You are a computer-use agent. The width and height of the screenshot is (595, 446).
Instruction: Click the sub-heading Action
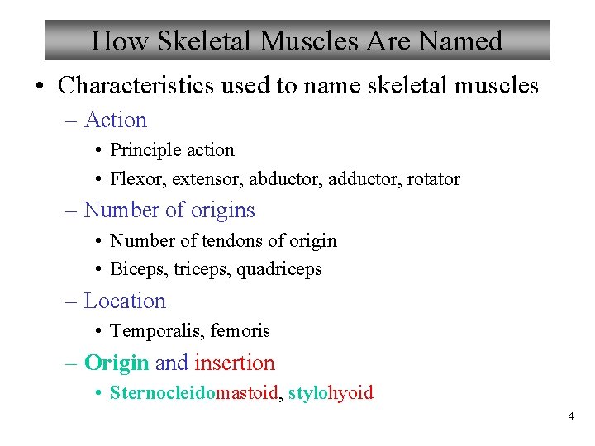[116, 121]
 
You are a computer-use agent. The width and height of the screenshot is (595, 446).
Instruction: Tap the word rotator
[431, 178]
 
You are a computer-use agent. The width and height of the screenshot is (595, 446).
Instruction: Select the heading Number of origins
[169, 210]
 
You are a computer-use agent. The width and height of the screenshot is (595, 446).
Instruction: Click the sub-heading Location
[125, 301]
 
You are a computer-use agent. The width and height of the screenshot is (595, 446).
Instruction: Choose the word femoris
[240, 331]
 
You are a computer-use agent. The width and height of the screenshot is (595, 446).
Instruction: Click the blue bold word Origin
[117, 363]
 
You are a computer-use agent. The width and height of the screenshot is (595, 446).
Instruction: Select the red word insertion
[235, 363]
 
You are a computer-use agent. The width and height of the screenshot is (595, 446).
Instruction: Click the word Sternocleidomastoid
[194, 392]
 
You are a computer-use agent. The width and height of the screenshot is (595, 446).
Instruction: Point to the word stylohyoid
[331, 392]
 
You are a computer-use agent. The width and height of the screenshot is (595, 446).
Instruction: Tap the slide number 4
[570, 417]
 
